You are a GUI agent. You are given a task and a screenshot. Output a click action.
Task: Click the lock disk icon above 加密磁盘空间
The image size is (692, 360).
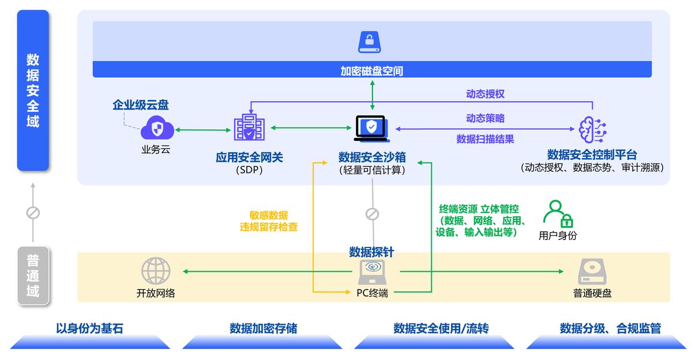(x=372, y=42)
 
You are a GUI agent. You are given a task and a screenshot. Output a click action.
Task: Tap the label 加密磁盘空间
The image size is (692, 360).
(x=372, y=71)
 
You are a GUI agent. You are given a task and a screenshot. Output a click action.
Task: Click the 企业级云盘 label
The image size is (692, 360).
(x=141, y=105)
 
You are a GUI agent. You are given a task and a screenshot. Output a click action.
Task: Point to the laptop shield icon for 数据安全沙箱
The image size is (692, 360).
(x=372, y=128)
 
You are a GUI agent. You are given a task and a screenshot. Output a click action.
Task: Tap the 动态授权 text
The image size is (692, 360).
(x=485, y=93)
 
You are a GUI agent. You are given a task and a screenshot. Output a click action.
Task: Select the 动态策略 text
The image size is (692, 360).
(x=485, y=118)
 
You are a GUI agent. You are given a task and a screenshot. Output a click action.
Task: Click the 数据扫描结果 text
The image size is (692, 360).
(x=485, y=139)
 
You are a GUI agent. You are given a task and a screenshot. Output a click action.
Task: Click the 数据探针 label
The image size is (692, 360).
(x=372, y=252)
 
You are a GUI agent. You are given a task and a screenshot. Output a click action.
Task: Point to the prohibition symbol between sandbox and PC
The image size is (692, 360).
(x=372, y=215)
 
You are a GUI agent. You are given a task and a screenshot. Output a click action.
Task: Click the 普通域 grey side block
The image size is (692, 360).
(x=33, y=276)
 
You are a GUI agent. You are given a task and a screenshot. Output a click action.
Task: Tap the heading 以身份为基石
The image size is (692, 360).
(x=89, y=329)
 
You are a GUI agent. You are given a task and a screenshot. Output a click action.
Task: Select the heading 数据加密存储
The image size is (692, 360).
(x=264, y=329)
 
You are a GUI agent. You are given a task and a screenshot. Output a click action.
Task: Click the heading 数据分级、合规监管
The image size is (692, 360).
(x=610, y=329)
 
